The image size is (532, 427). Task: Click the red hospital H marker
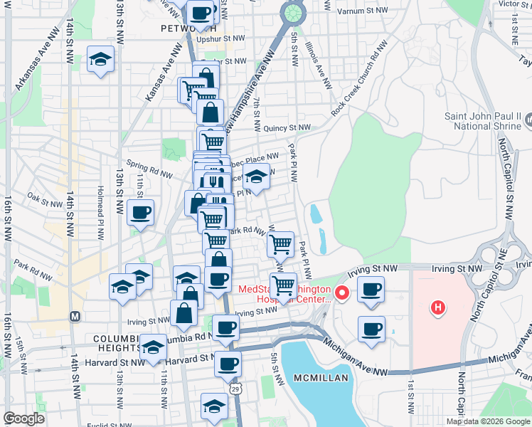point(438,308)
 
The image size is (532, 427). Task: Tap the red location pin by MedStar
point(341,292)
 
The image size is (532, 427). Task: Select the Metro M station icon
point(75,315)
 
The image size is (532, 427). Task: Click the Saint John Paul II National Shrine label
point(484,121)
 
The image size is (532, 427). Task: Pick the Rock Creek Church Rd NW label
point(360,78)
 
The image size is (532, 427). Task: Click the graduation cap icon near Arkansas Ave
point(100,60)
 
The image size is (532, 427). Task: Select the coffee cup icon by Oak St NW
point(141,212)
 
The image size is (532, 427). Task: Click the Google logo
point(23,419)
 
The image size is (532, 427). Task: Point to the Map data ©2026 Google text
point(489,421)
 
